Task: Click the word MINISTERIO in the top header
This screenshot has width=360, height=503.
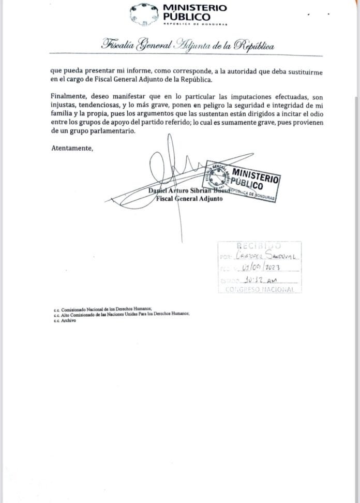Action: pyautogui.click(x=194, y=8)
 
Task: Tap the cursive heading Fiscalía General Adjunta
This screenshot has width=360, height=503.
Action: pyautogui.click(x=188, y=46)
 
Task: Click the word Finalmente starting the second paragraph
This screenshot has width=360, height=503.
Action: pyautogui.click(x=69, y=96)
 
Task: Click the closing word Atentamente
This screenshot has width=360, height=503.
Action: pyautogui.click(x=72, y=149)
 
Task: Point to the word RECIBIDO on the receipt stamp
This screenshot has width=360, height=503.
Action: pyautogui.click(x=258, y=245)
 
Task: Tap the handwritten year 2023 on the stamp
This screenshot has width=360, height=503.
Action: pyautogui.click(x=280, y=268)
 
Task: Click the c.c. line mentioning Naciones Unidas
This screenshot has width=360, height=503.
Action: pyautogui.click(x=122, y=314)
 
